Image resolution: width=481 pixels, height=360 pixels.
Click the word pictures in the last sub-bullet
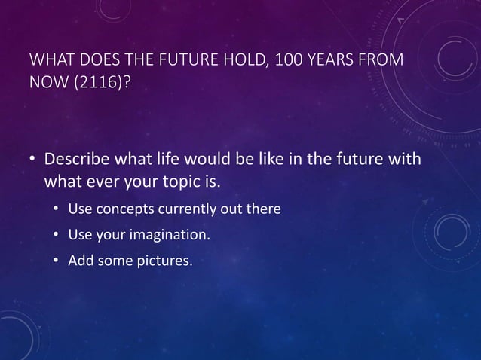point(157,262)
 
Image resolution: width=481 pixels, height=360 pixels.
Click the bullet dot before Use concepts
point(57,209)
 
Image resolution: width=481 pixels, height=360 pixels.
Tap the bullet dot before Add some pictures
point(57,262)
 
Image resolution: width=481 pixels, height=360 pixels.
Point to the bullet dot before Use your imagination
point(57,236)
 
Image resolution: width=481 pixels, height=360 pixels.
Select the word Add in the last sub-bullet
point(79,262)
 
